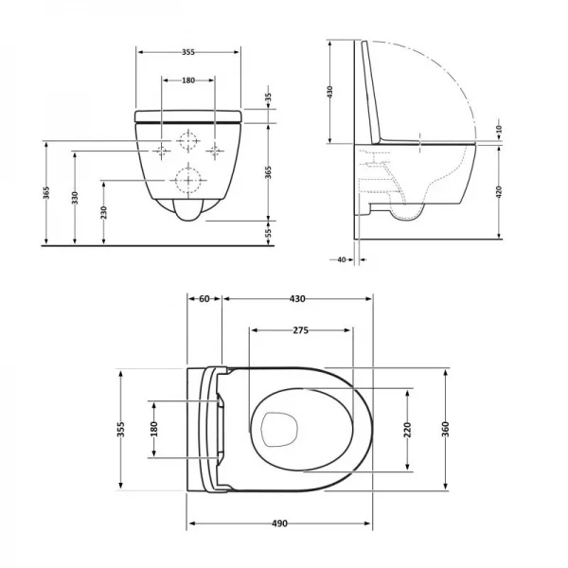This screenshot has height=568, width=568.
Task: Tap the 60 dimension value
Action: click(x=204, y=300)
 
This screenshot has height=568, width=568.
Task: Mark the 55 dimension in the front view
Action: click(x=268, y=231)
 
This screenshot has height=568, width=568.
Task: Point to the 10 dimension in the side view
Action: click(x=499, y=130)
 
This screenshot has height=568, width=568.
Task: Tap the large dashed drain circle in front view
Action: click(x=188, y=179)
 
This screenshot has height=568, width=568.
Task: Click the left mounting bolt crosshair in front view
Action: click(x=163, y=150)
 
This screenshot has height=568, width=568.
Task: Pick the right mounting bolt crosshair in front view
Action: click(x=215, y=150)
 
